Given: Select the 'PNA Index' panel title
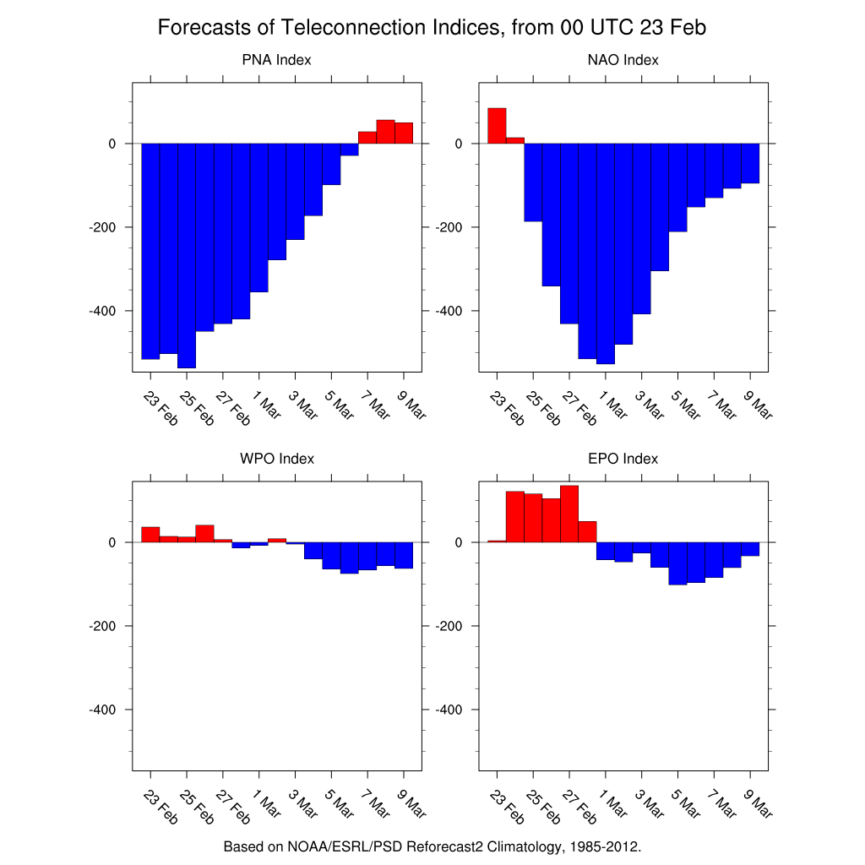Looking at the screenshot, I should click(x=276, y=61).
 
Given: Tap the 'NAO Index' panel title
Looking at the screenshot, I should click(x=623, y=61).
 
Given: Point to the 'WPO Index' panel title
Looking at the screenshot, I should click(x=276, y=460).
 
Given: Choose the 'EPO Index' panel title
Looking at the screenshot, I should click(x=623, y=460).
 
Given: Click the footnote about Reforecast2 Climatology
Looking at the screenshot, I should click(x=432, y=846).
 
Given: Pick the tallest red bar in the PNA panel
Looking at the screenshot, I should click(x=385, y=132).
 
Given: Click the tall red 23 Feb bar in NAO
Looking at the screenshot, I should click(x=497, y=126).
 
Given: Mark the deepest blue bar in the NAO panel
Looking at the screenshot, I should click(x=605, y=253).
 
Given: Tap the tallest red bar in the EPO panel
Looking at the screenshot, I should click(x=569, y=514).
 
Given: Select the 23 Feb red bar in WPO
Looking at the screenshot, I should click(x=150, y=534).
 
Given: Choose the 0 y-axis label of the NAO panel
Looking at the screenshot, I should click(x=458, y=144).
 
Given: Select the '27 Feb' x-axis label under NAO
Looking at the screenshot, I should click(x=579, y=407).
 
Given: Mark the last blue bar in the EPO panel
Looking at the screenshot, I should click(x=750, y=549).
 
